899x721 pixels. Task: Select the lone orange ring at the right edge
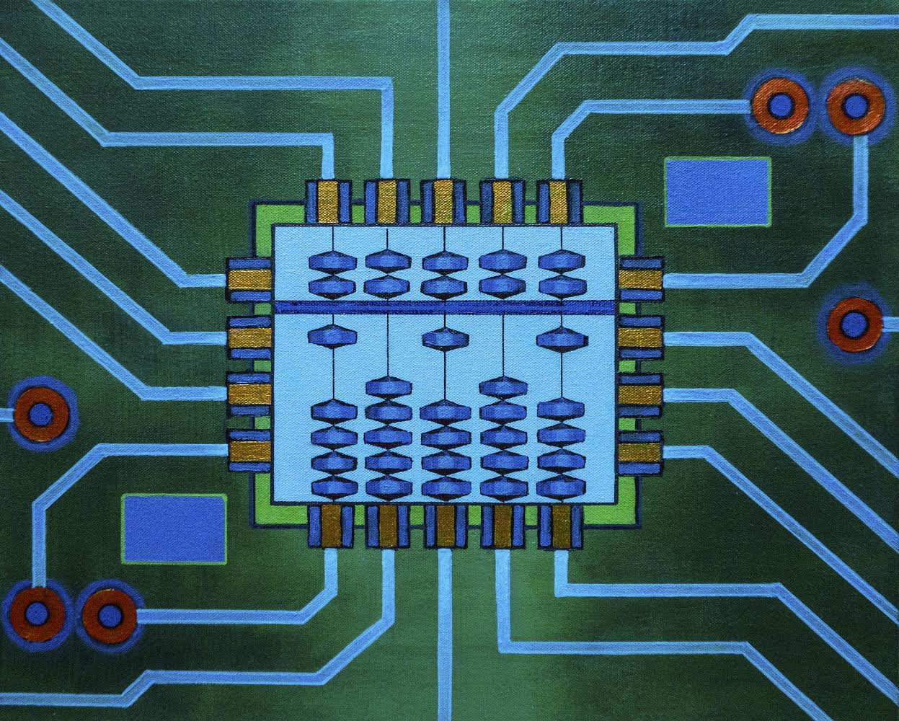[x=854, y=322]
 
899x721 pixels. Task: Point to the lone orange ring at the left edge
[x=40, y=415]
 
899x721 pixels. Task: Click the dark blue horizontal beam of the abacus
[x=445, y=307]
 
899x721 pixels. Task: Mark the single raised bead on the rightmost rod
[x=557, y=337]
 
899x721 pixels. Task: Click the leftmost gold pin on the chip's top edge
[x=327, y=201]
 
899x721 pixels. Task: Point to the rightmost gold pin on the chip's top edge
[x=557, y=201]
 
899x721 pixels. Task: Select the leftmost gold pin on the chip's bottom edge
[x=332, y=525]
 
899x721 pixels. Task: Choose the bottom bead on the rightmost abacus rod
[x=559, y=487]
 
